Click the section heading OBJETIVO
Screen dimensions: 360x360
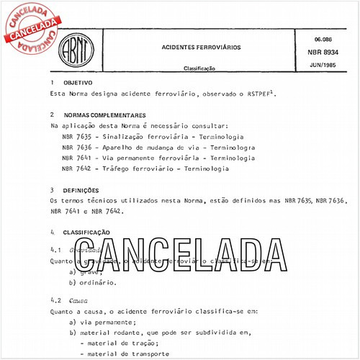pyautogui.click(x=78, y=84)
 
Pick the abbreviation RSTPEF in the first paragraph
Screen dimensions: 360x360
pyautogui.click(x=258, y=94)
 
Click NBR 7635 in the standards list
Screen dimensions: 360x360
pyautogui.click(x=76, y=136)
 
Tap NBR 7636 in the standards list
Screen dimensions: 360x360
pyautogui.click(x=76, y=147)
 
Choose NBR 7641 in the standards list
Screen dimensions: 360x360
pyautogui.click(x=76, y=158)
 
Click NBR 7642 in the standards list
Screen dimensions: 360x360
pyautogui.click(x=76, y=168)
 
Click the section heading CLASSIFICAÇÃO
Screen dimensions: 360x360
pyautogui.click(x=86, y=233)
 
